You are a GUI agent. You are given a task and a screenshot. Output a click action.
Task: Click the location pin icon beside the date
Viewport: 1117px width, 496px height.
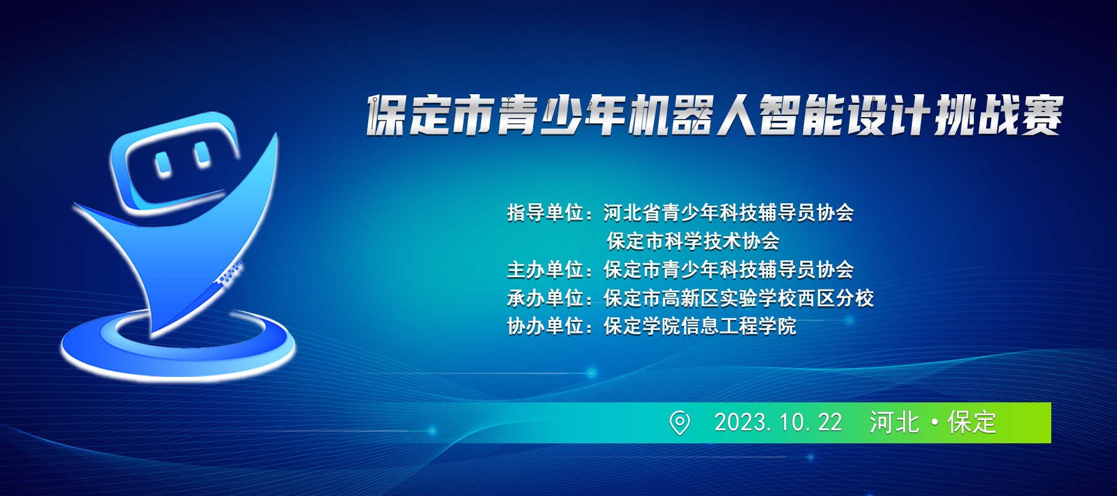click(x=679, y=423)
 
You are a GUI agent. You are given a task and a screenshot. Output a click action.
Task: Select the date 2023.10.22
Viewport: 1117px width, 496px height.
click(x=778, y=423)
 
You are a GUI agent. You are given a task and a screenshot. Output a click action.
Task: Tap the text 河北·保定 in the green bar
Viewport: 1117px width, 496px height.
click(x=933, y=423)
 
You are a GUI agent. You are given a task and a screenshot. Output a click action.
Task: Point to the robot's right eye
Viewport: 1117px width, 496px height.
click(x=202, y=155)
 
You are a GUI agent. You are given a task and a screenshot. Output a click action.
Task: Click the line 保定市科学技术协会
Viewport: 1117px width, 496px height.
click(x=693, y=241)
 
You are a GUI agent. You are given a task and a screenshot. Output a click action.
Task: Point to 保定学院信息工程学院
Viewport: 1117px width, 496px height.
click(x=700, y=326)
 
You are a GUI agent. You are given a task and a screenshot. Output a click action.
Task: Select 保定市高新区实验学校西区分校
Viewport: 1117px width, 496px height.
click(x=739, y=298)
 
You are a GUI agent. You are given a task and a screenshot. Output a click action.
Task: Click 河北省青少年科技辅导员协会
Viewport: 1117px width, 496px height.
click(x=729, y=213)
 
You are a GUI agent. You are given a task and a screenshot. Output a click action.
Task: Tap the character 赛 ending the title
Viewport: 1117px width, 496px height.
click(x=1042, y=115)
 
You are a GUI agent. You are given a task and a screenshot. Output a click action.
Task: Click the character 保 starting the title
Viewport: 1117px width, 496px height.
click(x=387, y=115)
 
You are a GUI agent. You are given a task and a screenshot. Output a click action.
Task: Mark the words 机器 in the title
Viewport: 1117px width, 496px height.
click(x=671, y=115)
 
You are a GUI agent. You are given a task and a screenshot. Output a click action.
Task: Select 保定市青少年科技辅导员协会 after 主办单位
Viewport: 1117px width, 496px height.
click(x=729, y=270)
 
